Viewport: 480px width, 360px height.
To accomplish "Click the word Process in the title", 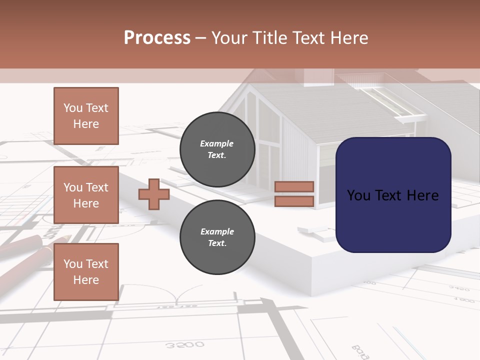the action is click(157, 38).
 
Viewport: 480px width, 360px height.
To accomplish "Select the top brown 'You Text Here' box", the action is click(86, 116).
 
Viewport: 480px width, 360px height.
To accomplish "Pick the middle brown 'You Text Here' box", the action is click(86, 195).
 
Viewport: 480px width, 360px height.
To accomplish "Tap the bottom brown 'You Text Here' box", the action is click(86, 272).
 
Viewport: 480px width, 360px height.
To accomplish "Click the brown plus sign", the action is click(153, 194).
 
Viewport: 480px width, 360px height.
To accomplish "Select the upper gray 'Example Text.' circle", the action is click(217, 149).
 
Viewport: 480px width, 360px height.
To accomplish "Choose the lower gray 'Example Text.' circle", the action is click(217, 237).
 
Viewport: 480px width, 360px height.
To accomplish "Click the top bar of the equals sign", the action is click(294, 187).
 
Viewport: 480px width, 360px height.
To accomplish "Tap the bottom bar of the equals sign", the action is click(294, 201).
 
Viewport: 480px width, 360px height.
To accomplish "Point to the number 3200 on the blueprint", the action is click(184, 344).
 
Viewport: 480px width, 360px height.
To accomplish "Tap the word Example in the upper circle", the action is click(217, 144).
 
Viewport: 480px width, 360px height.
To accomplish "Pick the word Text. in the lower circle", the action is click(217, 243).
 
